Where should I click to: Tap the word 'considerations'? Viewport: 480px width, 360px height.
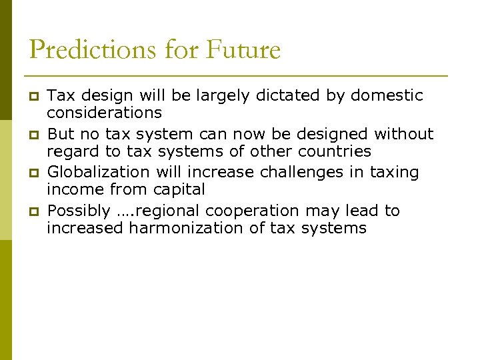tap(104, 113)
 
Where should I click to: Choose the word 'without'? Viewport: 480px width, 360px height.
tap(405, 134)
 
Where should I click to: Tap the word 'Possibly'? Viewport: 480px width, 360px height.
tap(79, 211)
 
